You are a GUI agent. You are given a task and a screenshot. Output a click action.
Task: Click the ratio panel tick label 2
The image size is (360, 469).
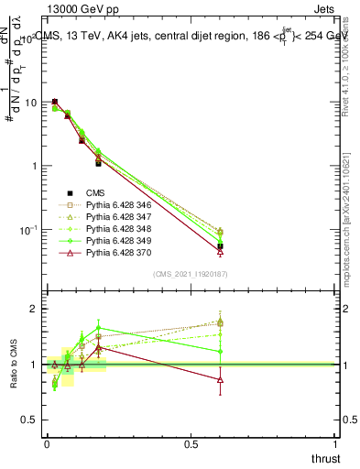[33, 309]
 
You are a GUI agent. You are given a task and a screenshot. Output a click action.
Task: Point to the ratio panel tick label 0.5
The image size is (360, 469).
[28, 420]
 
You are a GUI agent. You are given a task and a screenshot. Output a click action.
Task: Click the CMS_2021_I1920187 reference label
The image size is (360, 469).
[191, 274]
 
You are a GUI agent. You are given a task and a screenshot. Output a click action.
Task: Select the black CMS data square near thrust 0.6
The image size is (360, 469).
[220, 246]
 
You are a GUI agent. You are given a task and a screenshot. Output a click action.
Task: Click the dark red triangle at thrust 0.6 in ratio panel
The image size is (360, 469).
[220, 379]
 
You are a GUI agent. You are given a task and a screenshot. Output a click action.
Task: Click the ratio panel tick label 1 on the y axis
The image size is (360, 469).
[33, 365]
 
